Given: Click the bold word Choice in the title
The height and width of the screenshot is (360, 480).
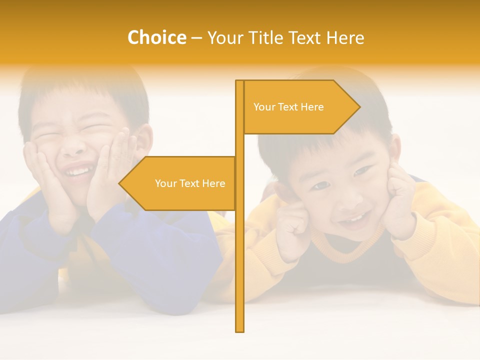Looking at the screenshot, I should (156, 38).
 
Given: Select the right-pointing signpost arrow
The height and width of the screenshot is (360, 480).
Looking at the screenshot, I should (300, 107).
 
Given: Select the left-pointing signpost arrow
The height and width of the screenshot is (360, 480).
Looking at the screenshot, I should (180, 183).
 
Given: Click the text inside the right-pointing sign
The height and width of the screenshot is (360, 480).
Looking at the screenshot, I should (288, 107).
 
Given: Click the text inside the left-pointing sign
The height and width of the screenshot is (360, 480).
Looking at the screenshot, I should (190, 183).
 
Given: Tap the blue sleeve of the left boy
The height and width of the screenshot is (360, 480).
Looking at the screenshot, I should (165, 250).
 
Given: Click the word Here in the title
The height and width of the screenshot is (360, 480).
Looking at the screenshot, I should (345, 38).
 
